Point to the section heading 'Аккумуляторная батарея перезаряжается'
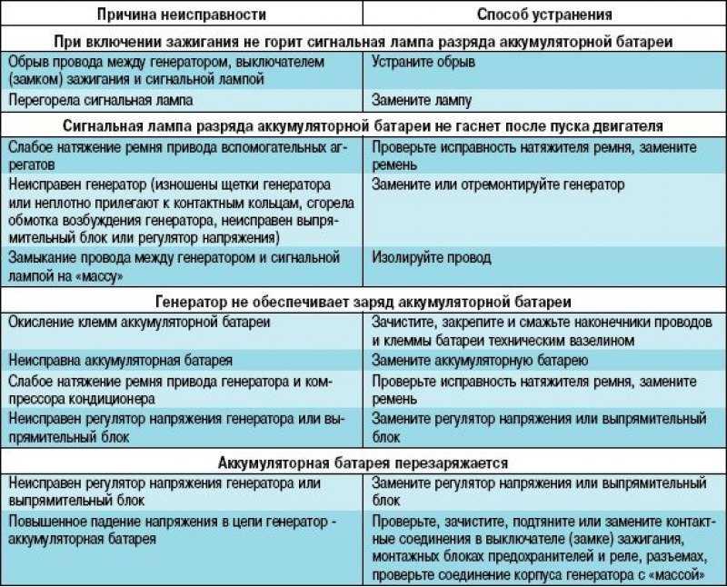click(x=363, y=463)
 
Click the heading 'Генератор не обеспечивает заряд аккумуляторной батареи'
click(x=363, y=300)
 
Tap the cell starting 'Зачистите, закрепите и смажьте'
click(x=543, y=332)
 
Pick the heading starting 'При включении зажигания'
click(x=363, y=42)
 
